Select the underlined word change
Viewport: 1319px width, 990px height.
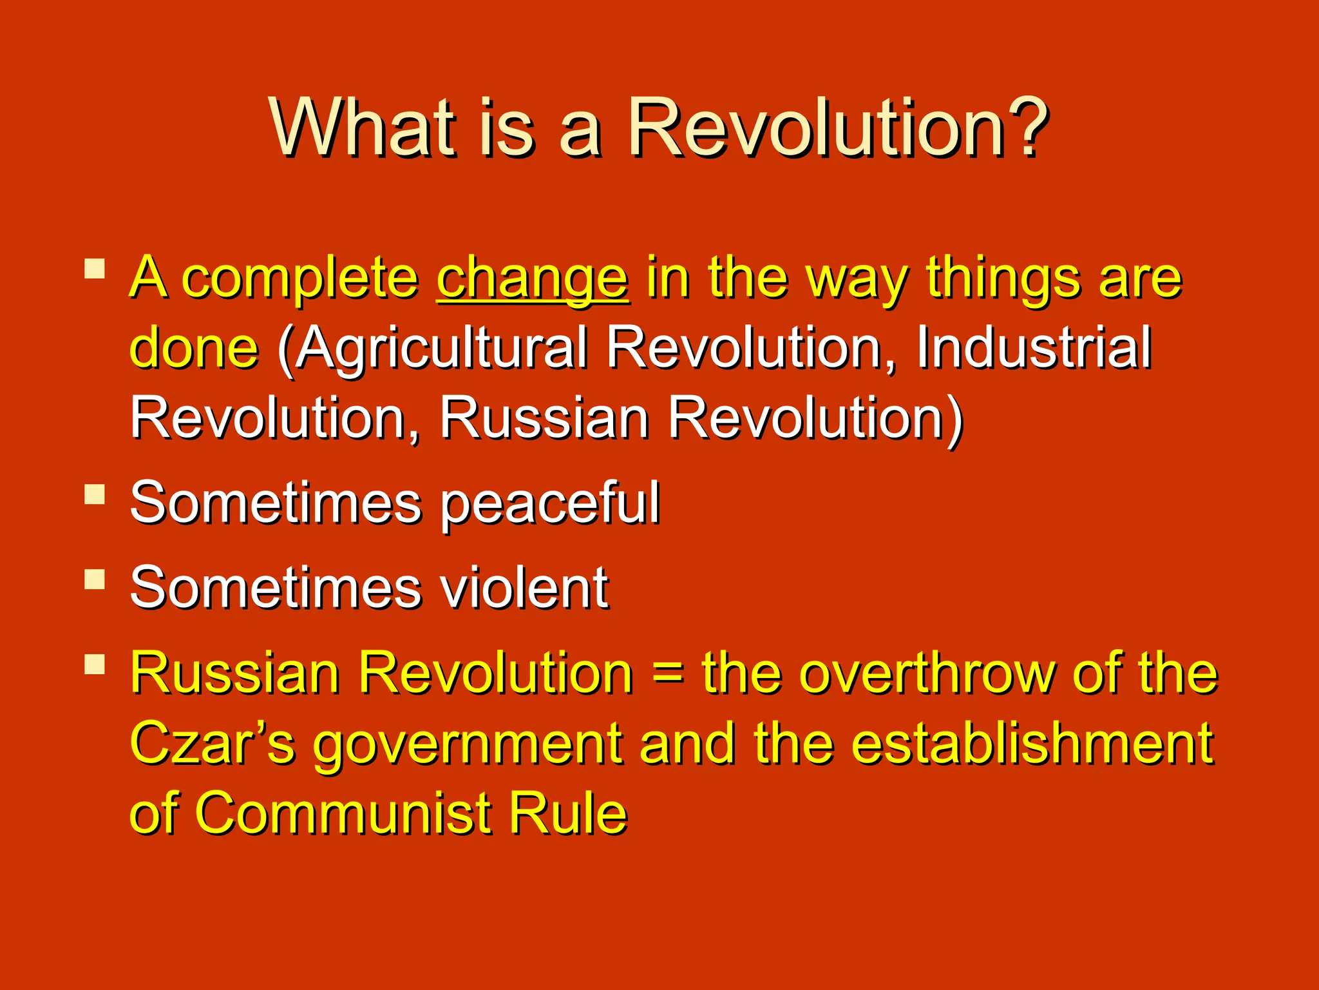pos(533,280)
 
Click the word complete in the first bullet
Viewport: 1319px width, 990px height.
pos(300,280)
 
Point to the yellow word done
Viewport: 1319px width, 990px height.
pos(194,348)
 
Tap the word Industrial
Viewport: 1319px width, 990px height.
pos(1034,348)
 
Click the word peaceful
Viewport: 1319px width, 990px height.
pos(550,505)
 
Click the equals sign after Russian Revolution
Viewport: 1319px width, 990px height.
pos(668,674)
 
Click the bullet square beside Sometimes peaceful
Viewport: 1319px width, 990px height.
pos(95,494)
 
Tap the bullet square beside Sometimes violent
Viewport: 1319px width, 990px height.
pos(95,579)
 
